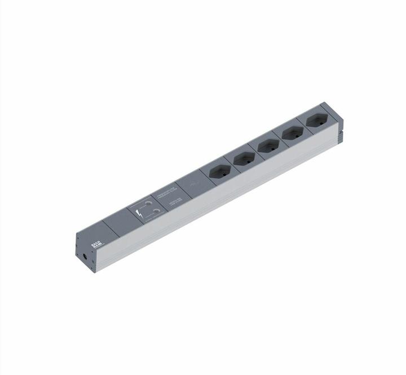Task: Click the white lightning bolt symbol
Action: click(x=139, y=214)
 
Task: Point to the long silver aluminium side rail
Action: click(x=226, y=197)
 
